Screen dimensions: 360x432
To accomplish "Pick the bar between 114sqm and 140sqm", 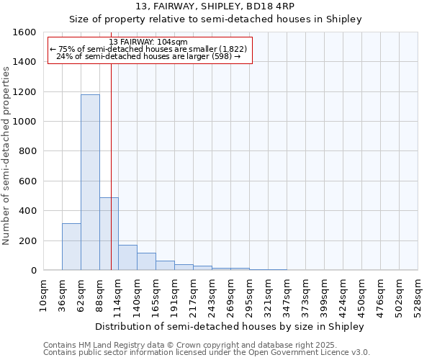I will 127,258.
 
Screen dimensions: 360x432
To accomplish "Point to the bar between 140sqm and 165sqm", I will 146,262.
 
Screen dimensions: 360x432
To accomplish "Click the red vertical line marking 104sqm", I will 111,158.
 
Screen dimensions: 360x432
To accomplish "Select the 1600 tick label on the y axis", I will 24,32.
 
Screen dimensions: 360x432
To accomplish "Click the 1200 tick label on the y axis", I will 24,92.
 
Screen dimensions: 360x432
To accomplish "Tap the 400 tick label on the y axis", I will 27,211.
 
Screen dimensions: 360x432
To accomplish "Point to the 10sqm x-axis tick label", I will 44,295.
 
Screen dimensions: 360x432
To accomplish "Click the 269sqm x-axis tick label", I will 231,295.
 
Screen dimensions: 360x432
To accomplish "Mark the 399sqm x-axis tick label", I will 325,295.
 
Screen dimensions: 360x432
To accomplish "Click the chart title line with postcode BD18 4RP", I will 215,6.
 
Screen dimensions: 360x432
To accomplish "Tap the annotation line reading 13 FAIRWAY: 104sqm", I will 149,42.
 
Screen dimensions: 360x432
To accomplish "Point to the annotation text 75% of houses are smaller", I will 149,49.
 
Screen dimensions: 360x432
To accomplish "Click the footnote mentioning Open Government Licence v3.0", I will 207,352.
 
